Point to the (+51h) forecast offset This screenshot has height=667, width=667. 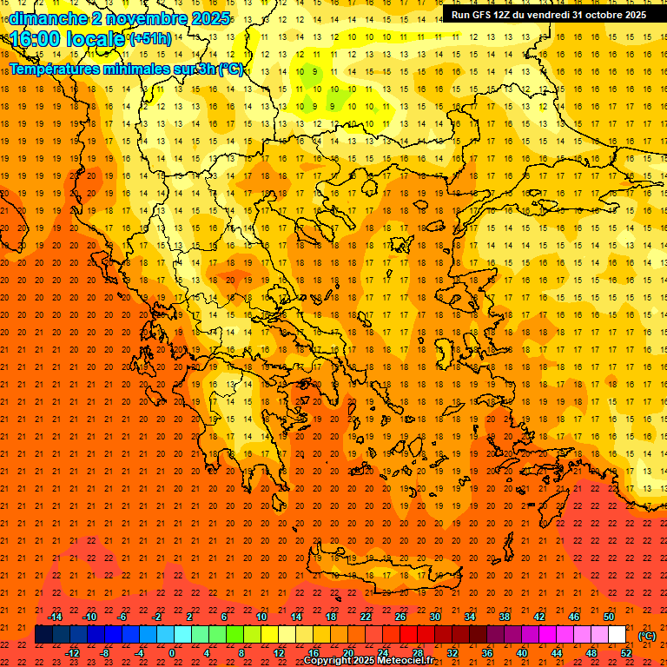click(150, 39)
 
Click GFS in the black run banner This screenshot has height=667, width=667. click(483, 15)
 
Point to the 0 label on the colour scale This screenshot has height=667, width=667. click(172, 653)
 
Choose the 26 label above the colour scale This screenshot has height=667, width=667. click(400, 617)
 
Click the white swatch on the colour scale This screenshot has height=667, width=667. click(617, 635)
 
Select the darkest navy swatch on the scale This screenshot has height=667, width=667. click(43, 635)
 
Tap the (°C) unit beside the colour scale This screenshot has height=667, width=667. click(647, 636)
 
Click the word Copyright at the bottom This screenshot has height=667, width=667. click(330, 661)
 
